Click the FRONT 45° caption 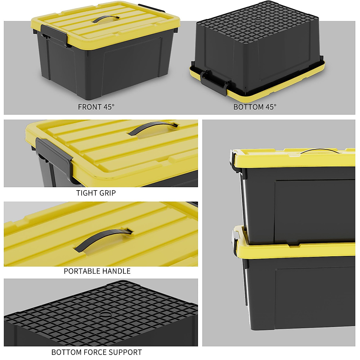coord(96,107)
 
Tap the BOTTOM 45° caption coord(255,107)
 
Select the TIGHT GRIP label coord(96,193)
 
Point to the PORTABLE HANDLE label coord(97,271)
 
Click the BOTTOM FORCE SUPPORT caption coord(97,352)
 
